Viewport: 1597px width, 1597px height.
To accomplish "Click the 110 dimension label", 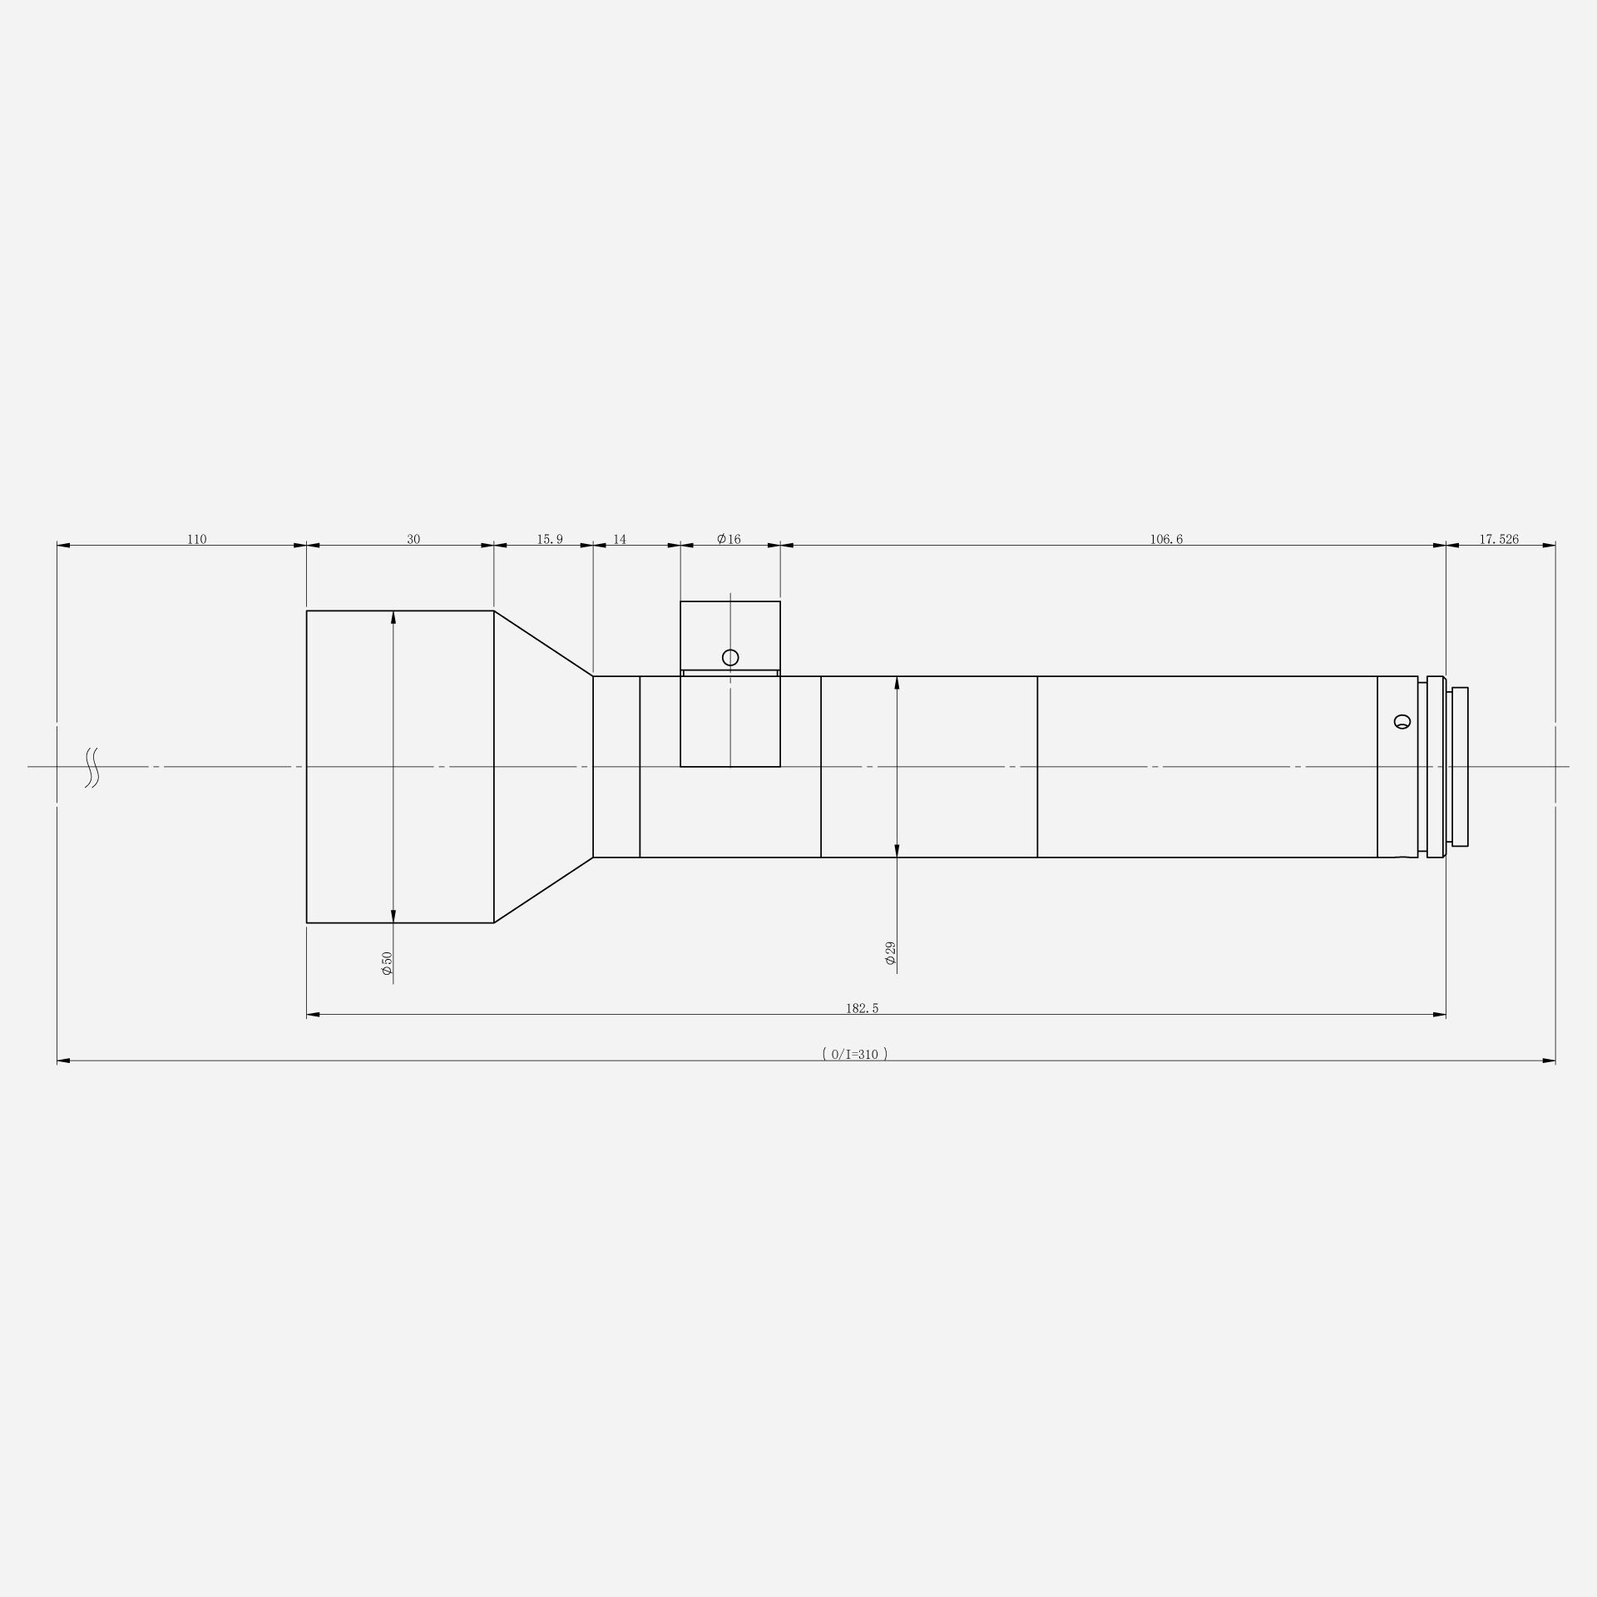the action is [x=196, y=539].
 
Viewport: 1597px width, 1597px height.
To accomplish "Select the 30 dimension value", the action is [x=413, y=539].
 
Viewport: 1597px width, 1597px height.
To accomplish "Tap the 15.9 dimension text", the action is [x=549, y=539].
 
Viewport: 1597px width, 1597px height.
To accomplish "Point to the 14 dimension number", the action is [x=620, y=539].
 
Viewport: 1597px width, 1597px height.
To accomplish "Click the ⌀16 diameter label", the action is [x=729, y=539].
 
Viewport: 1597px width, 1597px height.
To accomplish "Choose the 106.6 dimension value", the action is [x=1166, y=539].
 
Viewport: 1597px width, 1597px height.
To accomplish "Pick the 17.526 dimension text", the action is [x=1499, y=539].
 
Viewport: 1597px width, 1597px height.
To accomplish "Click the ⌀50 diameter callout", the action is [x=387, y=963].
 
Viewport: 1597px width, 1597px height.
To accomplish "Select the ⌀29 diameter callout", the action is [x=890, y=953].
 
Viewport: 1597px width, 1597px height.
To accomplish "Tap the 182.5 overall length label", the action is [x=862, y=1008].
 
